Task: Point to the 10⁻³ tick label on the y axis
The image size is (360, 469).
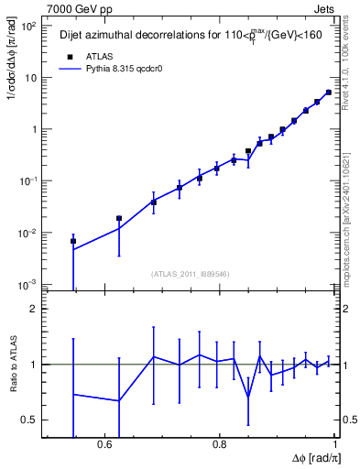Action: pos(30,285)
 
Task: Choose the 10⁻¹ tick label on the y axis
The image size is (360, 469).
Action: pos(30,181)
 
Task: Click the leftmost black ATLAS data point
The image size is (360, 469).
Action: pos(73,241)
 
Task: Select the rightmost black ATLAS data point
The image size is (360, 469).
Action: pos(329,93)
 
